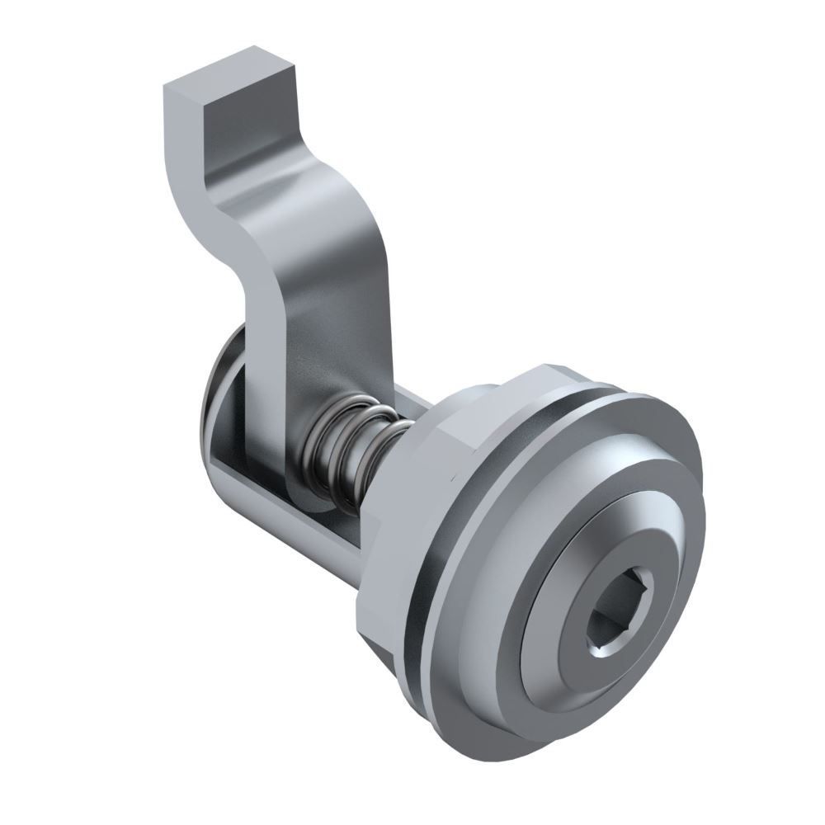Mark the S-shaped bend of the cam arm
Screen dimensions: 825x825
[272, 239]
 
